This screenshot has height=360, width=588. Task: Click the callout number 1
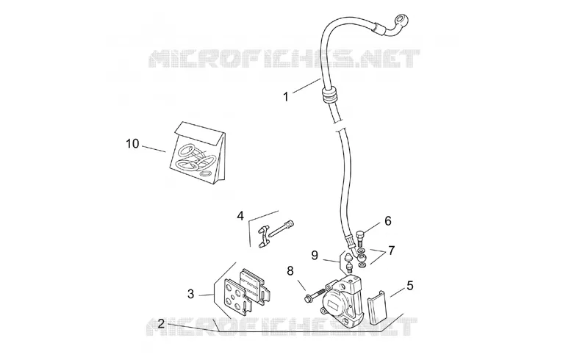pos(286,97)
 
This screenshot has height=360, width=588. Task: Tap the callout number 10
pos(132,143)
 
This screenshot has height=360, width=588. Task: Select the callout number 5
pos(410,285)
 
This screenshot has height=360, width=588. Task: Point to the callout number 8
pos(290,270)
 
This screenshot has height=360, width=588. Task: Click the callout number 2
pos(161,323)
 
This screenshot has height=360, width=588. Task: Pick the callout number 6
pos(388,221)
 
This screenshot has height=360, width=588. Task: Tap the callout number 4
pos(240,215)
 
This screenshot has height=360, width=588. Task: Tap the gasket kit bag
pos(198,154)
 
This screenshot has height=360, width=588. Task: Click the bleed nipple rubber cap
pos(348,258)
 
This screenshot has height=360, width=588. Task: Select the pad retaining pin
pos(281,230)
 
